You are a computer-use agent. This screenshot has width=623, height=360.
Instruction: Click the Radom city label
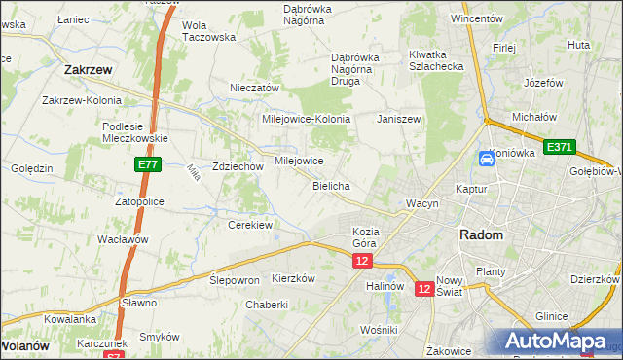(481, 235)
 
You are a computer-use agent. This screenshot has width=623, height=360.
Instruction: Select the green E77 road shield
(148, 166)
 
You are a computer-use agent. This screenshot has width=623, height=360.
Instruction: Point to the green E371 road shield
(559, 147)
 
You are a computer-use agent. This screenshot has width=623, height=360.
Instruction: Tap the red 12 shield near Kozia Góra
(362, 262)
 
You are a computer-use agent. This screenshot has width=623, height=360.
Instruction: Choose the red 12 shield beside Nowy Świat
(424, 289)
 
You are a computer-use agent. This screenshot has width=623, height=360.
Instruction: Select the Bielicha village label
(331, 185)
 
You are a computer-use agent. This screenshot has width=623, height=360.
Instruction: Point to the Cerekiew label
(249, 224)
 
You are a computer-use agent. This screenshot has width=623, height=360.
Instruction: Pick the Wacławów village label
(123, 238)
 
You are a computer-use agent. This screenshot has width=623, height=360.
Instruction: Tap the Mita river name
(194, 174)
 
